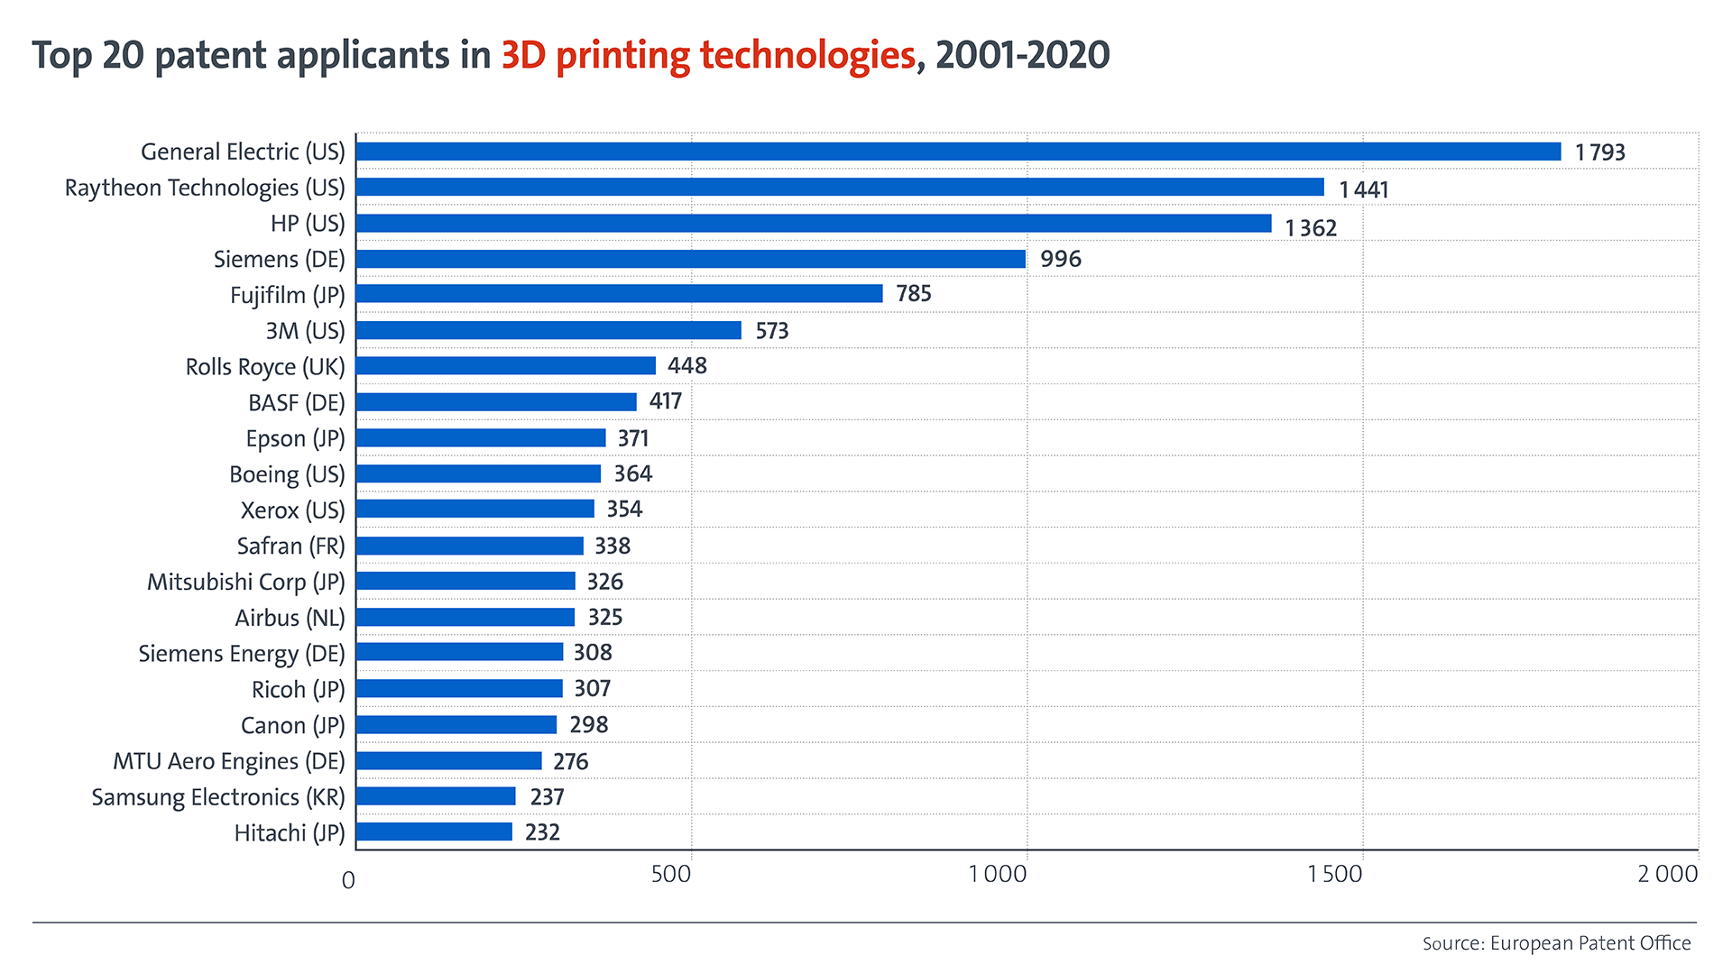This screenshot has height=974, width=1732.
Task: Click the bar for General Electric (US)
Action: [958, 152]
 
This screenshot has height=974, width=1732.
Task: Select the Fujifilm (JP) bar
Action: [619, 294]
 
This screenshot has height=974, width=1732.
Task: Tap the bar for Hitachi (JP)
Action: [434, 832]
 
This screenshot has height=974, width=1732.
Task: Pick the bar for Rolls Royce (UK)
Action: [505, 366]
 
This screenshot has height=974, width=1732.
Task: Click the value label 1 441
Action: [1363, 189]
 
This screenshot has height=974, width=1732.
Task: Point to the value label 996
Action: [1060, 260]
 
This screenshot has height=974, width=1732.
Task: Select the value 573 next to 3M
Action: [771, 331]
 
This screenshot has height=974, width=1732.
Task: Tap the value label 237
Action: [547, 797]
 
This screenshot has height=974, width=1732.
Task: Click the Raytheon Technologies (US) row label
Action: [205, 188]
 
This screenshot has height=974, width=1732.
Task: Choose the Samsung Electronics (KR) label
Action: [218, 797]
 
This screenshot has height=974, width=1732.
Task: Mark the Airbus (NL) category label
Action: [290, 618]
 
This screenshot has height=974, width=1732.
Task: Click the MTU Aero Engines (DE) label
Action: [228, 761]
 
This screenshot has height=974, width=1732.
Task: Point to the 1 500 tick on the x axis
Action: [1334, 874]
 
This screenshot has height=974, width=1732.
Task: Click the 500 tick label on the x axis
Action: [670, 874]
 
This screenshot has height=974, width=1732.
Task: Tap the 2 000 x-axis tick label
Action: [1667, 874]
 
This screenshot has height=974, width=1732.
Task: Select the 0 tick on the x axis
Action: [348, 880]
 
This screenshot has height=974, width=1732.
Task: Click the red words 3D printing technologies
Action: [708, 56]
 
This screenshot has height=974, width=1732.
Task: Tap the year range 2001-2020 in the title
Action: [1022, 56]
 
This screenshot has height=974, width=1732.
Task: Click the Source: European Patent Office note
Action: [1556, 943]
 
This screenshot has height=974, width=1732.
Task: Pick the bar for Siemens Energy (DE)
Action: [459, 653]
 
